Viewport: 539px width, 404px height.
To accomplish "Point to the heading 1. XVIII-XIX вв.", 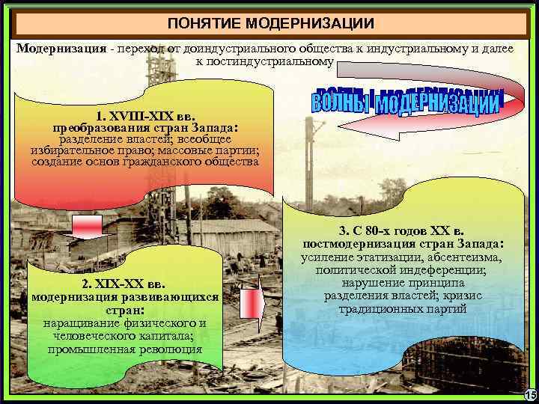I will pyautogui.click(x=146, y=116).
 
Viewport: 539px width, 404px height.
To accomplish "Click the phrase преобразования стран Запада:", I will pyautogui.click(x=145, y=127).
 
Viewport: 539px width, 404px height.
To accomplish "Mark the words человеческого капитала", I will pyautogui.click(x=124, y=335).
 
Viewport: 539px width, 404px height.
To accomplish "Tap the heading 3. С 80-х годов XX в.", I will pyautogui.click(x=402, y=231).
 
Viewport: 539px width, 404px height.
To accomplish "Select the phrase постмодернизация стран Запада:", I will pyautogui.click(x=403, y=244).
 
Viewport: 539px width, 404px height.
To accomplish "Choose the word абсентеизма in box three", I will pyautogui.click(x=461, y=257).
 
